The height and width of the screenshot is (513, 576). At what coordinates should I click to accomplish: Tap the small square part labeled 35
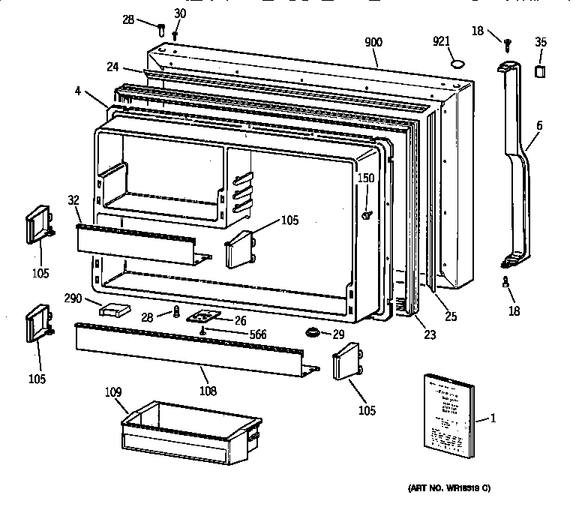point(540,70)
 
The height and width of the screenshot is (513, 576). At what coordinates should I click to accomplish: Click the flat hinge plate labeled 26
point(201,318)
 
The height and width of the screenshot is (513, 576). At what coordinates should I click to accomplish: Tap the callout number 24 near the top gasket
point(112,67)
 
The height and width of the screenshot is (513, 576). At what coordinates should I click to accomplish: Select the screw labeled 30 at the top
point(175,34)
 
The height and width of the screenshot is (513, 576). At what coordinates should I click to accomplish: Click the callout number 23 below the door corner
point(429,334)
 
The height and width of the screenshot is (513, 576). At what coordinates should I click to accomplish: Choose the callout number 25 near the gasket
point(450,316)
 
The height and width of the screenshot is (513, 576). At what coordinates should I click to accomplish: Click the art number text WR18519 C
point(449,488)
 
